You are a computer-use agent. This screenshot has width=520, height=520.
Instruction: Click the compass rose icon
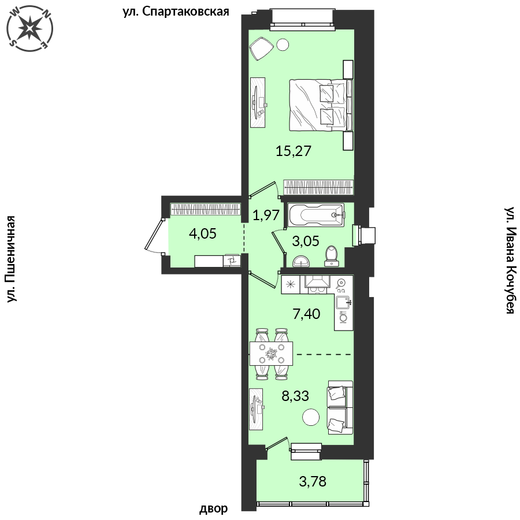pyautogui.click(x=30, y=29)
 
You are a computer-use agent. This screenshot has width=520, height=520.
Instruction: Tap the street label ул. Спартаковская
pyautogui.click(x=176, y=12)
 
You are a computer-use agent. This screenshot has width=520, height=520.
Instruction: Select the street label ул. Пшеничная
pyautogui.click(x=12, y=259)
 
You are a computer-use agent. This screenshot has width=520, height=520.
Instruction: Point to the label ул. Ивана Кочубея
pyautogui.click(x=510, y=261)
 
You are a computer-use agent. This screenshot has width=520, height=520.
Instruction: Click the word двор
pyautogui.click(x=213, y=508)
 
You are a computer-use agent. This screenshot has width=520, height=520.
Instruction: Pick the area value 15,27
pyautogui.click(x=294, y=151)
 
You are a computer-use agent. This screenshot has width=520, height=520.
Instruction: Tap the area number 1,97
pyautogui.click(x=266, y=215)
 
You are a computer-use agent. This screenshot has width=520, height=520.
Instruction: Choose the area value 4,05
pyautogui.click(x=203, y=233)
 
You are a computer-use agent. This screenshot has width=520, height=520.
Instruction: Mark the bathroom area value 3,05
pyautogui.click(x=306, y=241)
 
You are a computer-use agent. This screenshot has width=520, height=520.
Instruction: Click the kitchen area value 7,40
pyautogui.click(x=306, y=313)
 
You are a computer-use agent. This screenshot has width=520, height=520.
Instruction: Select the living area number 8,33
pyautogui.click(x=295, y=396)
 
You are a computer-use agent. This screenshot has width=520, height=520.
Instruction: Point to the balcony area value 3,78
pyautogui.click(x=313, y=481)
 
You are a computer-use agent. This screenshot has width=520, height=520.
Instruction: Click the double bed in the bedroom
pyautogui.click(x=321, y=105)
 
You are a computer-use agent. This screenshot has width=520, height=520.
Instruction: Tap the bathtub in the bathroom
pyautogui.click(x=316, y=215)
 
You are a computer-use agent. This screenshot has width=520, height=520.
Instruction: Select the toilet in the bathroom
pyautogui.click(x=332, y=256)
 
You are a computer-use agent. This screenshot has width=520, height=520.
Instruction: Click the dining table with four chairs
pyautogui.click(x=272, y=354)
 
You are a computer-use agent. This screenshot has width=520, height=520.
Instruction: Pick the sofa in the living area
pyautogui.click(x=340, y=407)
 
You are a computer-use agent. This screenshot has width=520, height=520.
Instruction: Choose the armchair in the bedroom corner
pyautogui.click(x=261, y=49)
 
